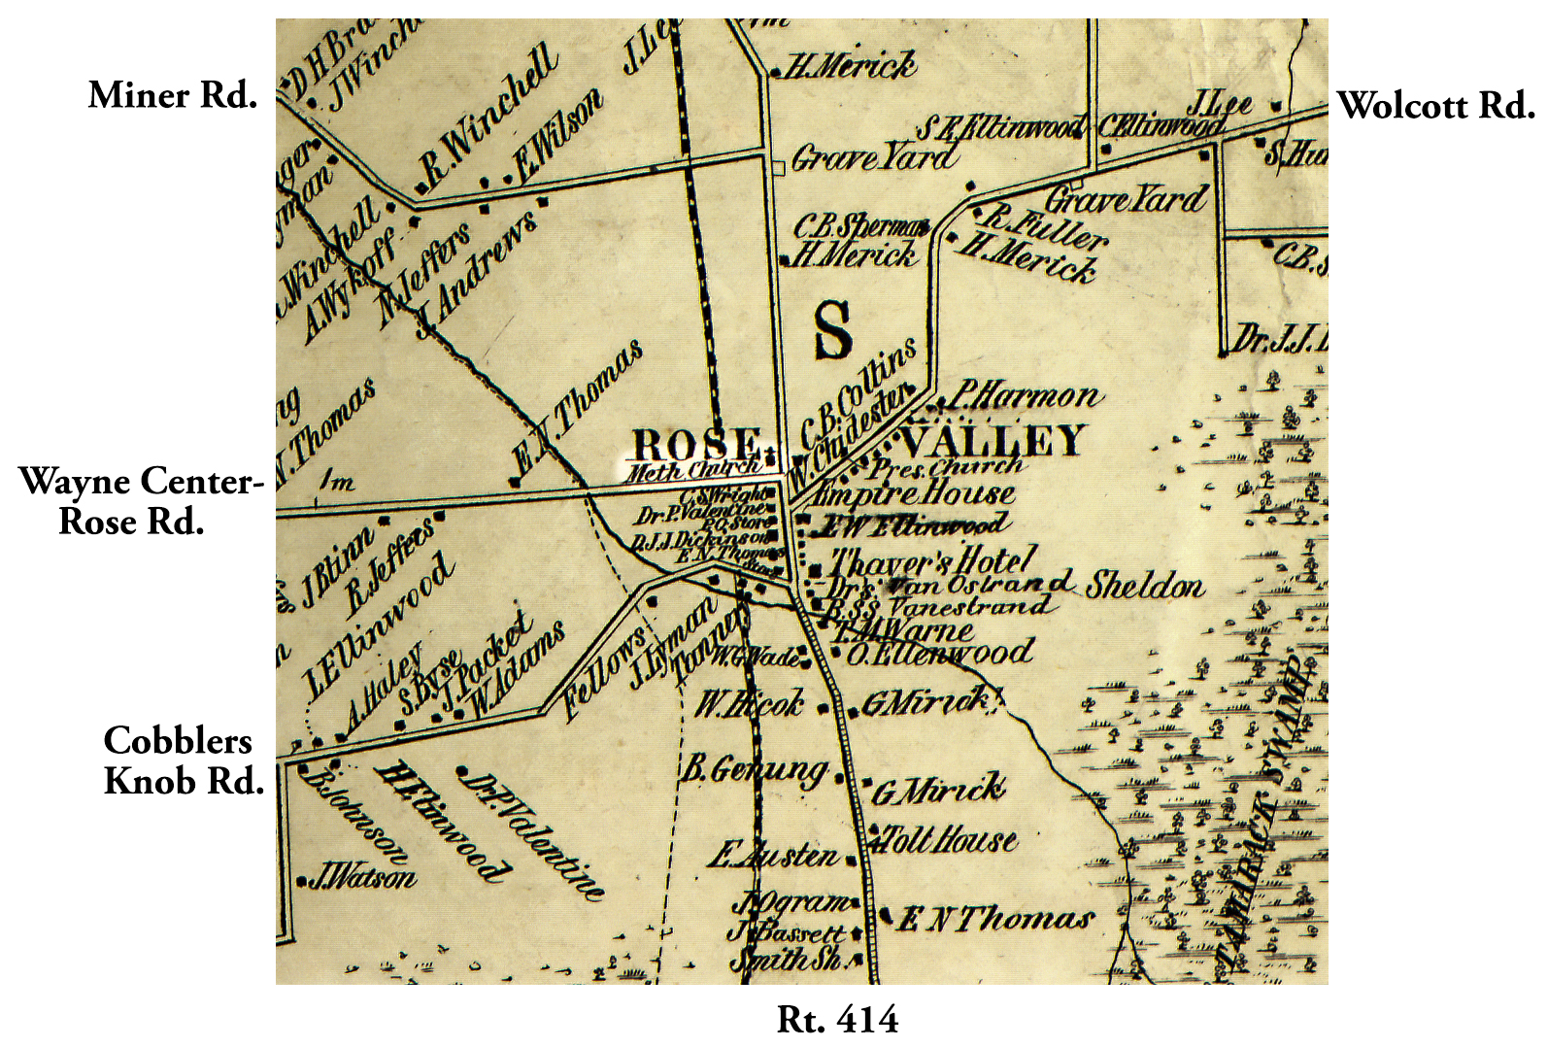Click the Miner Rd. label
(x=173, y=96)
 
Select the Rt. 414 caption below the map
(x=837, y=1020)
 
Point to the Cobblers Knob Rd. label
(x=182, y=760)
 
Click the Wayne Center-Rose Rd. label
(x=141, y=501)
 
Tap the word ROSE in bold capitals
(x=695, y=445)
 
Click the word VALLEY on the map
(x=992, y=442)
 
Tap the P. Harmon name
(x=1026, y=395)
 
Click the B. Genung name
(x=754, y=771)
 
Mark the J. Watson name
(x=362, y=879)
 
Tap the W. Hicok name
(x=749, y=702)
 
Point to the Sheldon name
(x=1145, y=585)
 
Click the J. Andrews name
(x=476, y=275)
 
